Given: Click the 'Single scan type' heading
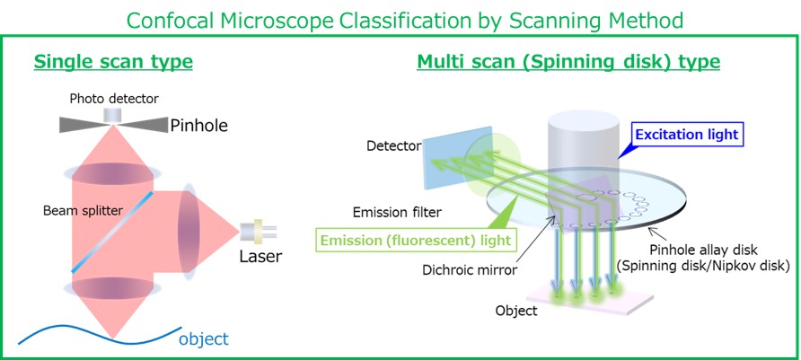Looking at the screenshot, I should click(113, 62).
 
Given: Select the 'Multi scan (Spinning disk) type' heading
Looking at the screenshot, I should click(568, 62).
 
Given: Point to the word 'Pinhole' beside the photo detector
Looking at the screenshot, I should click(198, 126).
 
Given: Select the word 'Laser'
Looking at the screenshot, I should click(260, 257).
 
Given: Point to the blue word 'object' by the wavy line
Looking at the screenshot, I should click(203, 338).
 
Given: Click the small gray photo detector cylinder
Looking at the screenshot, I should click(113, 115).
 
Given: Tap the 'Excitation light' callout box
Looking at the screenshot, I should click(687, 136).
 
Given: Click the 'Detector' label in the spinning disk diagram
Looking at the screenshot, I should click(388, 145).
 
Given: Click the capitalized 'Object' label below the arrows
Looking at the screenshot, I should click(516, 311).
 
